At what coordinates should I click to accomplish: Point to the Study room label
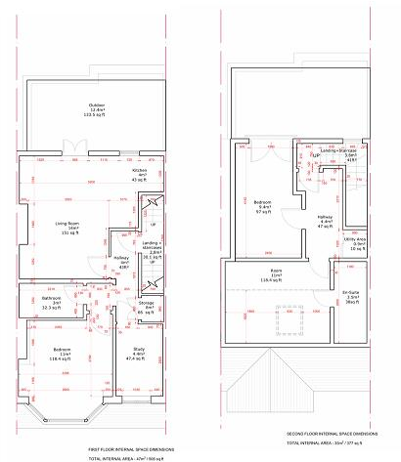click(x=136, y=355)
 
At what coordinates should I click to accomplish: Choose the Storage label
click(x=147, y=308)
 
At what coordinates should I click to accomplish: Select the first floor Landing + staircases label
click(x=151, y=245)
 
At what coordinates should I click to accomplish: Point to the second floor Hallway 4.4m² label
click(x=326, y=221)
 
